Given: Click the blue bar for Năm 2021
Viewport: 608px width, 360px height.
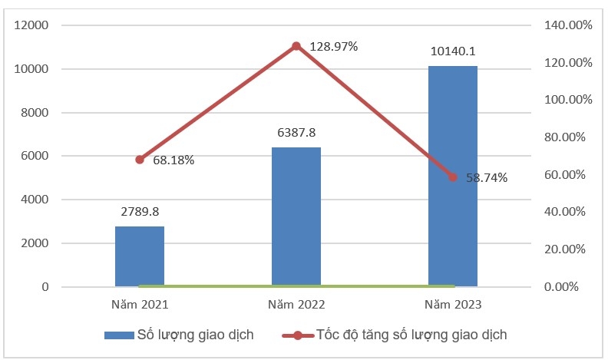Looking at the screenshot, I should [140, 256].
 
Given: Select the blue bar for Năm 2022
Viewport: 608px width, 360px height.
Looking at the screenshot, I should [296, 216].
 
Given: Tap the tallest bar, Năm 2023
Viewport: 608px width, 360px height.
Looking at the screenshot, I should [452, 176].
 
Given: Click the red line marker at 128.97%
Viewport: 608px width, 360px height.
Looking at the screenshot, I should [296, 46].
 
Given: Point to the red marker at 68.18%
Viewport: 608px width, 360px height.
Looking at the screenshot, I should [140, 160].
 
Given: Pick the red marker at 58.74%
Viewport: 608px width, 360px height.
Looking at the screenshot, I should [453, 177].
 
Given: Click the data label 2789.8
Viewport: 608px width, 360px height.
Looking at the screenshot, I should [140, 210].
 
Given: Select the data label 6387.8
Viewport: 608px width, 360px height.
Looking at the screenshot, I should [296, 132].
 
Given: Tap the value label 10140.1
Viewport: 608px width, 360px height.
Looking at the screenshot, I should [453, 51].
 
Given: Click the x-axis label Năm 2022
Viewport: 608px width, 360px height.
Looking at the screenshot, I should [296, 305].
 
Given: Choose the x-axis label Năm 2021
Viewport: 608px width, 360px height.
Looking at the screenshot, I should [140, 305].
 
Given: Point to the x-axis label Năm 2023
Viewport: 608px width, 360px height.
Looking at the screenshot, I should [453, 305].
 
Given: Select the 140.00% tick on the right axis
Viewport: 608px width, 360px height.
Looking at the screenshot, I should [567, 25].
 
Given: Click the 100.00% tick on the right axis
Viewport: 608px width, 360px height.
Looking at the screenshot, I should [567, 100].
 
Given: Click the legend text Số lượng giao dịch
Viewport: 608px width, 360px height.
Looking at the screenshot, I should [195, 335].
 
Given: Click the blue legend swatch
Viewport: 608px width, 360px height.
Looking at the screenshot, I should [119, 335].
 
